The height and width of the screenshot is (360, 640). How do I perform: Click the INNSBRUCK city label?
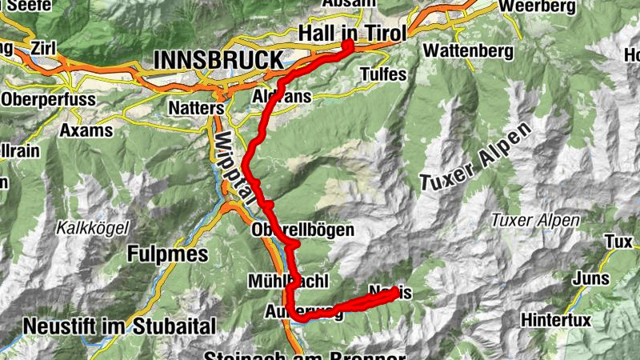point(217,60)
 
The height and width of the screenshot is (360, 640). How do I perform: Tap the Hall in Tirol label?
point(352,32)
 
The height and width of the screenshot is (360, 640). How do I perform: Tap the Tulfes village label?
point(383,74)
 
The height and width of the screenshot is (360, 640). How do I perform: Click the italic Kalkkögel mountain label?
point(91,228)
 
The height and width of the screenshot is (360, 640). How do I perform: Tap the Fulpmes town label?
point(167,254)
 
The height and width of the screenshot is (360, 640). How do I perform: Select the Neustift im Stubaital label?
point(120,326)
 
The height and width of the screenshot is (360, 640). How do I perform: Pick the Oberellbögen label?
point(302,230)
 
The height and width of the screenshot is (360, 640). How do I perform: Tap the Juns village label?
point(591,278)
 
